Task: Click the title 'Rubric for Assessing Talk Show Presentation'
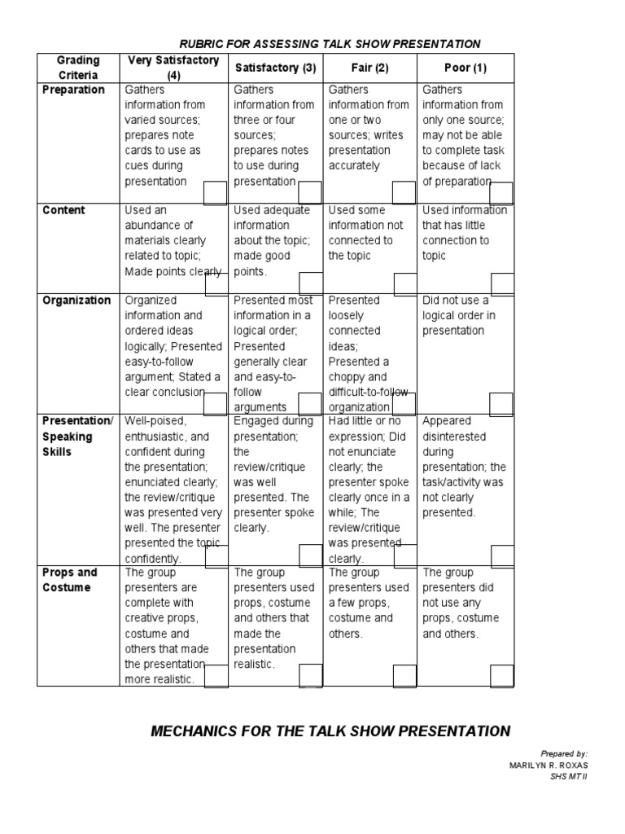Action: tap(330, 44)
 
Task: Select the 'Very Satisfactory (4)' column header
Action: tap(174, 68)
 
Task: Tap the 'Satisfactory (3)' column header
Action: tap(275, 68)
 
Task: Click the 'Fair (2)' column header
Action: tap(369, 68)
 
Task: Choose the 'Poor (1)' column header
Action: tap(465, 68)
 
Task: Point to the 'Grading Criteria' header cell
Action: tap(78, 68)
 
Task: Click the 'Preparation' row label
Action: tap(73, 90)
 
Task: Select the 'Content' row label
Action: tap(63, 210)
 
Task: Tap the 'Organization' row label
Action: tap(76, 301)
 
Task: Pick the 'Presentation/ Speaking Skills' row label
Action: tap(78, 437)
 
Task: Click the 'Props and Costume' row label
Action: tap(70, 580)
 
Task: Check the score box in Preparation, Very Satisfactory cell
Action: tap(216, 193)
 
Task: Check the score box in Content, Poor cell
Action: tap(501, 283)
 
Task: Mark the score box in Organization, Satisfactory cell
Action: tap(310, 404)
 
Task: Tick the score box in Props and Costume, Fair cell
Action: tap(404, 676)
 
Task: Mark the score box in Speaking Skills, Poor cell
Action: tap(501, 555)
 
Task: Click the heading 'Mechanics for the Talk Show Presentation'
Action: tap(330, 731)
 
